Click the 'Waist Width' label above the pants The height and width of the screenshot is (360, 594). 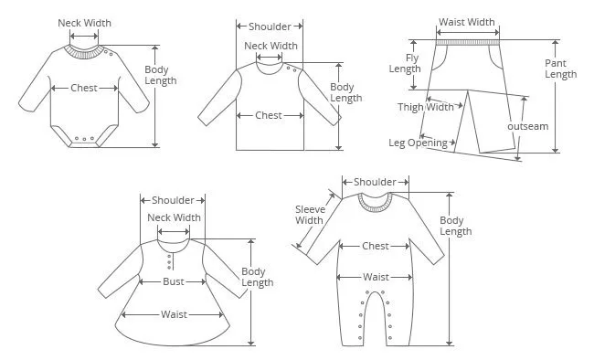click(x=467, y=22)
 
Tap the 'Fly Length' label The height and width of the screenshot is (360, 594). click(x=406, y=63)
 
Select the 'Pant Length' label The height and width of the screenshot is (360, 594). click(x=561, y=69)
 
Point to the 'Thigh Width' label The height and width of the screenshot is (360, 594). click(x=426, y=107)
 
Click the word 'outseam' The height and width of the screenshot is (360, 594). click(x=527, y=126)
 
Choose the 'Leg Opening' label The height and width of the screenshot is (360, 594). click(x=419, y=143)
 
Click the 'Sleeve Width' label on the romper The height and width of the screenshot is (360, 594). click(x=311, y=215)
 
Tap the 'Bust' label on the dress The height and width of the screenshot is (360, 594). click(x=174, y=281)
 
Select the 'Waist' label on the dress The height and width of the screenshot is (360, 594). click(x=174, y=314)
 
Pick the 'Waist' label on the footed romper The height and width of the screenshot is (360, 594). click(x=376, y=277)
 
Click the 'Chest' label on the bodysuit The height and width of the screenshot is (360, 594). click(x=84, y=88)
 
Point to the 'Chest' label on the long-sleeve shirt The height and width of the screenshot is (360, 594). click(x=269, y=115)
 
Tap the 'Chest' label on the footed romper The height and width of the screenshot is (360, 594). click(x=376, y=246)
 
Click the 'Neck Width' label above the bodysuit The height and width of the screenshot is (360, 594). click(x=84, y=23)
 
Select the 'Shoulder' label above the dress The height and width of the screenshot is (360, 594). click(x=173, y=200)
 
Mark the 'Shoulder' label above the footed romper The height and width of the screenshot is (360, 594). click(x=375, y=182)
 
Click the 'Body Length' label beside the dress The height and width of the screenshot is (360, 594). click(x=258, y=277)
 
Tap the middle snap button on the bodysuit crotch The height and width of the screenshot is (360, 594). click(x=84, y=139)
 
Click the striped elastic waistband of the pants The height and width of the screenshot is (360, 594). click(x=468, y=42)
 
